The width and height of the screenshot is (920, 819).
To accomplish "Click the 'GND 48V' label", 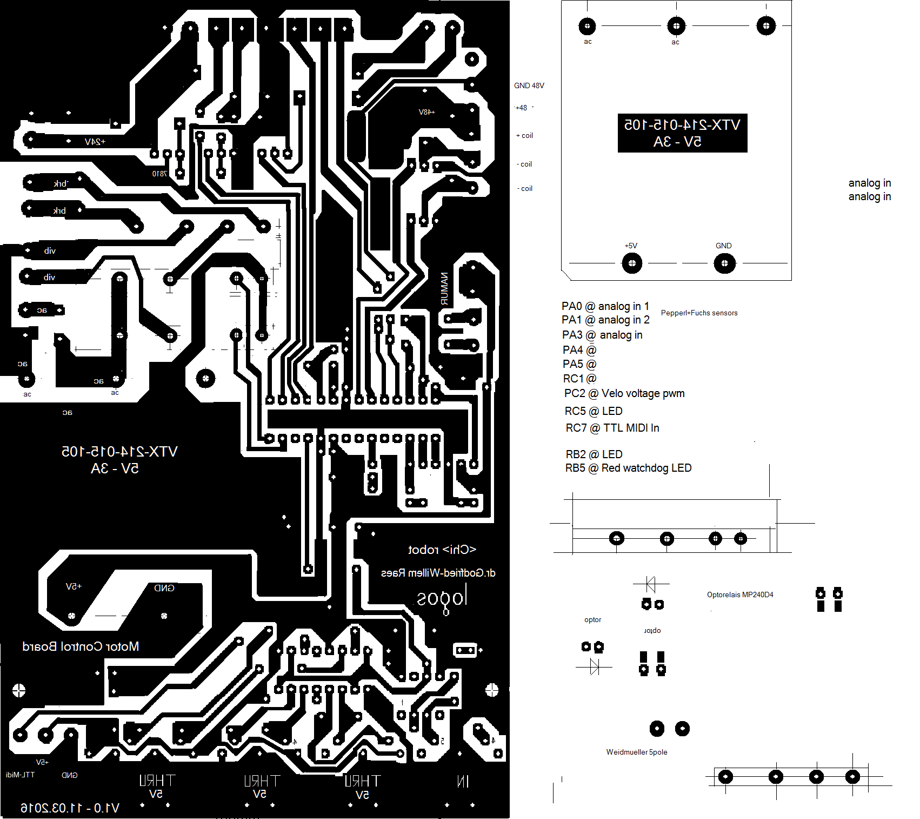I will point(529,85).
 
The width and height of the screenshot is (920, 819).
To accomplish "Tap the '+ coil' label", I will point(524,136).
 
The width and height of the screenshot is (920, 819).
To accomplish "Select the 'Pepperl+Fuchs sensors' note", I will point(699,313).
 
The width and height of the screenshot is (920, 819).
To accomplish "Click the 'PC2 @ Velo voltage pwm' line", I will point(624,393).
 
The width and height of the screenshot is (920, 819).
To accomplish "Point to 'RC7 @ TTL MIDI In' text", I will point(612,428).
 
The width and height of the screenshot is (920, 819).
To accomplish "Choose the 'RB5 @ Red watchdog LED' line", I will point(628,468).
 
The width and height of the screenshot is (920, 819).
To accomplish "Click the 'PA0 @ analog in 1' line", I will point(605,306).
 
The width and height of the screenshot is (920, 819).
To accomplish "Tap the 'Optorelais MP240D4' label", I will point(740,595).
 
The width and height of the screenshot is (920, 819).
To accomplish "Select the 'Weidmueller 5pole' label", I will point(636,752).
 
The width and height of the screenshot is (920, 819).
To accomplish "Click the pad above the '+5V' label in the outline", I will point(632,263).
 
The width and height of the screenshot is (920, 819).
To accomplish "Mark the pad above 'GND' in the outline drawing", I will point(724,263).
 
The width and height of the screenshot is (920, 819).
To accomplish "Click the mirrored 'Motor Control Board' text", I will point(81,646).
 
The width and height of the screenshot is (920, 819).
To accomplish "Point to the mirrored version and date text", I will point(70,808).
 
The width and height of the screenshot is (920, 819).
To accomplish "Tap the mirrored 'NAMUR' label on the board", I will point(444,289).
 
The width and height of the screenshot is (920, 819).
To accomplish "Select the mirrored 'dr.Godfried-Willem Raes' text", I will point(438,573).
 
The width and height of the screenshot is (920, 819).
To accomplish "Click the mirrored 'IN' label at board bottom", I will point(463,781).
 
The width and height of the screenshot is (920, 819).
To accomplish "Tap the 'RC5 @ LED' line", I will point(594,411).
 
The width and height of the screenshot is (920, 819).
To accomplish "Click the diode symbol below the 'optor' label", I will point(595,666).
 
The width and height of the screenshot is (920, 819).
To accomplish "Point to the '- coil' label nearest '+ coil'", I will point(524,164).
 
